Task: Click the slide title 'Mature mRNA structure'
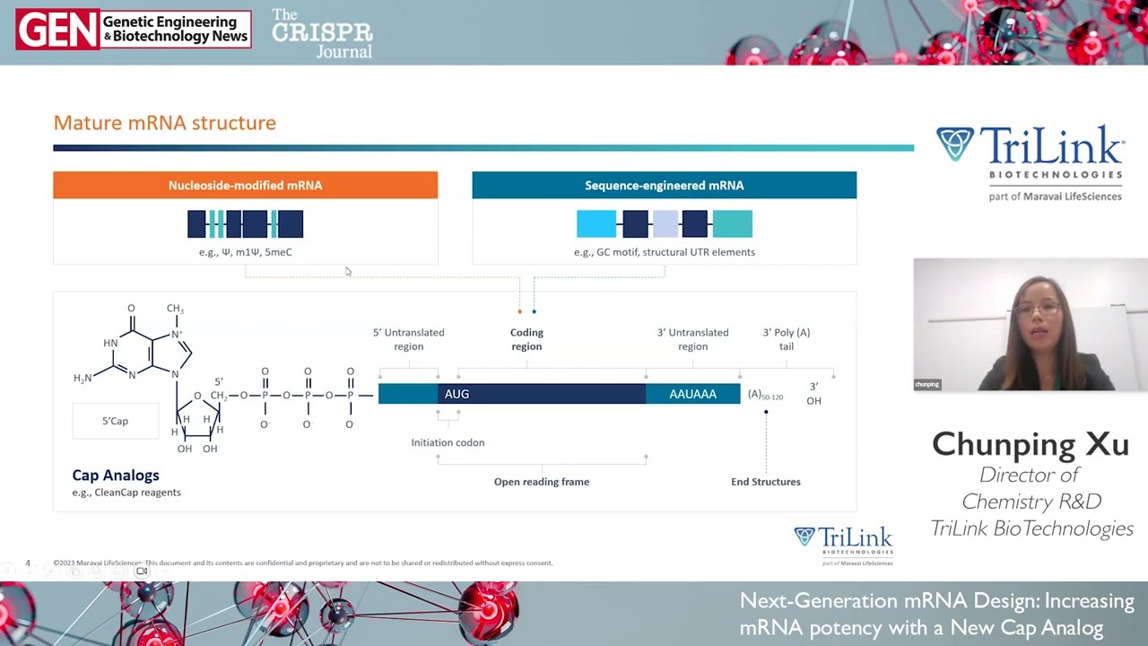(164, 123)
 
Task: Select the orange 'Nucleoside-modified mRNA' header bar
(245, 186)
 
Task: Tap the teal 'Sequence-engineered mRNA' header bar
(664, 186)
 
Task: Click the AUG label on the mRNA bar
(457, 394)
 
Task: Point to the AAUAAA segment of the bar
(692, 394)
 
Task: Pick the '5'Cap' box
(115, 421)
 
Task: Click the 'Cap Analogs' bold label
(116, 476)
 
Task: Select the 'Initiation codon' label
(448, 442)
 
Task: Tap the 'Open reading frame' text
(542, 482)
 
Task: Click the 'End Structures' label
(765, 482)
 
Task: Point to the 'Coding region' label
(526, 339)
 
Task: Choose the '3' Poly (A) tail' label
(786, 339)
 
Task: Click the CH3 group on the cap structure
(175, 310)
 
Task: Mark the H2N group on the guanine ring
(83, 379)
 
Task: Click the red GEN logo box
(57, 30)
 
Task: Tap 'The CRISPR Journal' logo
(322, 33)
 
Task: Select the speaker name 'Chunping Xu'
(1031, 444)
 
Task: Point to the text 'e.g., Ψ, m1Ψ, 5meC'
(245, 252)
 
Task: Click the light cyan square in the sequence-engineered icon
(596, 223)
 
